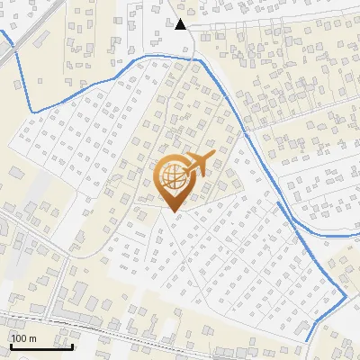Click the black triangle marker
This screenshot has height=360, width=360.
pos(181,24)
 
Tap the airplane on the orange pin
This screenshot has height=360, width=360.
pos(195,166)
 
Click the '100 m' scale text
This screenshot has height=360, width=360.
pos(23,338)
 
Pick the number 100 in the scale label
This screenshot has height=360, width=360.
pos(19,338)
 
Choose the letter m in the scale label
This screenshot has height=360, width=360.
pos(31,338)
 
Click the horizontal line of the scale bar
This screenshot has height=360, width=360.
pos(40,346)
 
